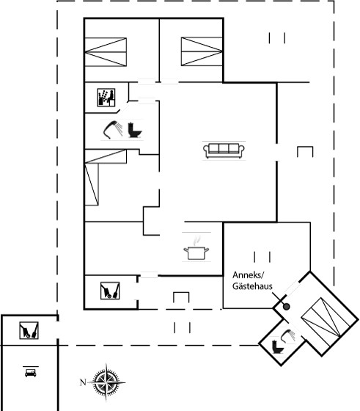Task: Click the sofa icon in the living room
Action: [224, 150]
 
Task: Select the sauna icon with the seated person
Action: [106, 98]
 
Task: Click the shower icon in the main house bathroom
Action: [113, 129]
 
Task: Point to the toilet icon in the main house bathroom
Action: [135, 130]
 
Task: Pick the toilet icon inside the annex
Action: [277, 347]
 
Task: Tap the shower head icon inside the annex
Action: [287, 336]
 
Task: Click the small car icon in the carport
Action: [31, 373]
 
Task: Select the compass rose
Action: [106, 382]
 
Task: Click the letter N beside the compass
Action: [83, 382]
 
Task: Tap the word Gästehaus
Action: [252, 286]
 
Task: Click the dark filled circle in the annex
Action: [287, 307]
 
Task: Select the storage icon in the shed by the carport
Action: [29, 330]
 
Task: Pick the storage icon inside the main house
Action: [110, 291]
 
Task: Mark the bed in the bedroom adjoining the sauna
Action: [106, 52]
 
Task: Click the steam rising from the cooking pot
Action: [197, 240]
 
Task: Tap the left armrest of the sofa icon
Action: [206, 150]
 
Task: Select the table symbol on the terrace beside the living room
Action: [305, 152]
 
